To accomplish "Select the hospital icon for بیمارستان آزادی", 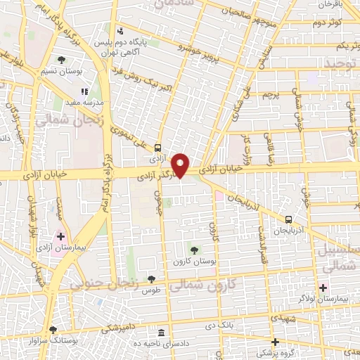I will point(61,236).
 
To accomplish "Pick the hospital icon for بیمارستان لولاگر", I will point(324,287).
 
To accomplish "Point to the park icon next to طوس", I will point(150,279).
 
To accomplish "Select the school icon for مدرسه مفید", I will point(84,91).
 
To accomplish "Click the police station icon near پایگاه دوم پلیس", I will point(120,31).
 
